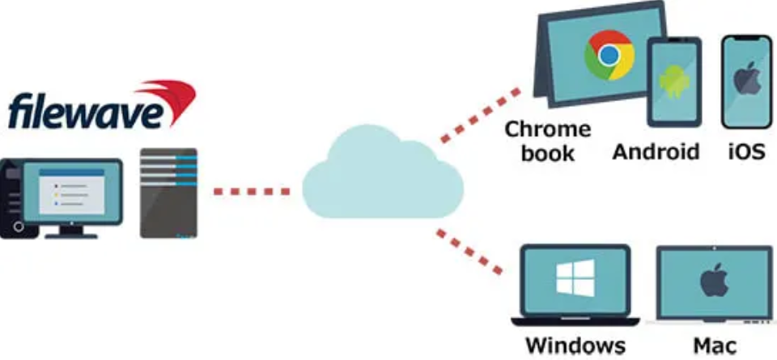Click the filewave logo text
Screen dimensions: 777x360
coord(85,112)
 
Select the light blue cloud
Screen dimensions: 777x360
coord(383,172)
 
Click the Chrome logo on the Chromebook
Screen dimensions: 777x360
coord(609,56)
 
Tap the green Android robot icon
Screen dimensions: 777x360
coord(674,82)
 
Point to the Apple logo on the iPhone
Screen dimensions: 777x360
coord(747,78)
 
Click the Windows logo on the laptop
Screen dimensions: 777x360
coord(575,278)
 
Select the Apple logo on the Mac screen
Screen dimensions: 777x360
coord(714,280)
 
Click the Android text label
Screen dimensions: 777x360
coord(656,151)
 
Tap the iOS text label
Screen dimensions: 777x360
coord(747,151)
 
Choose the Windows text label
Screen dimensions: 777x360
coord(575,345)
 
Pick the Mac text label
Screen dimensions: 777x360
coord(714,345)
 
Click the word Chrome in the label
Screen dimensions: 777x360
coord(548,129)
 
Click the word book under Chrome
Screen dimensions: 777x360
coord(548,153)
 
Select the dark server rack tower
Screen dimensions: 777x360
coord(168,193)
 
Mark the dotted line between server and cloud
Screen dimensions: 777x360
coord(252,191)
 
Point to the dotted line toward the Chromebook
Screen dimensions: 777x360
coord(480,116)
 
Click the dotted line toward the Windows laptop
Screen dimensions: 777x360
coord(469,252)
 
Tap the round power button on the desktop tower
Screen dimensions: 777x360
coord(19,227)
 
